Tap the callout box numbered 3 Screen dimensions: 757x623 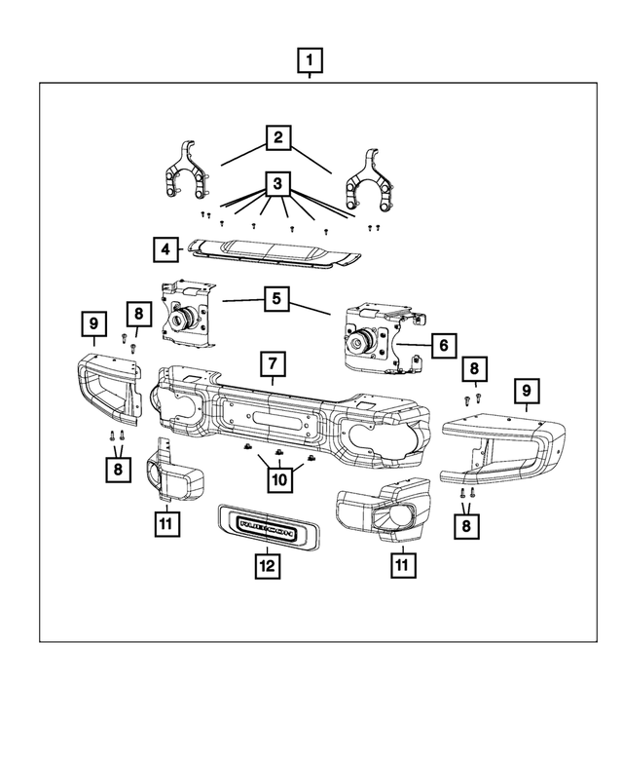pyautogui.click(x=277, y=182)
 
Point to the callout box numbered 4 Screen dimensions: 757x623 pyautogui.click(x=165, y=249)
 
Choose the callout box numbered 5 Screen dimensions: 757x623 pyautogui.click(x=277, y=298)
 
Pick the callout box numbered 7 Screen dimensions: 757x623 pyautogui.click(x=274, y=364)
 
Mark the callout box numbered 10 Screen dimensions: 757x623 pyautogui.click(x=279, y=479)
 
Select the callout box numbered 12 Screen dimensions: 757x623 pyautogui.click(x=265, y=563)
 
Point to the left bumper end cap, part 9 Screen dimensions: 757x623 pyautogui.click(x=108, y=389)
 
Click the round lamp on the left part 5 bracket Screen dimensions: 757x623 pyautogui.click(x=182, y=317)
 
